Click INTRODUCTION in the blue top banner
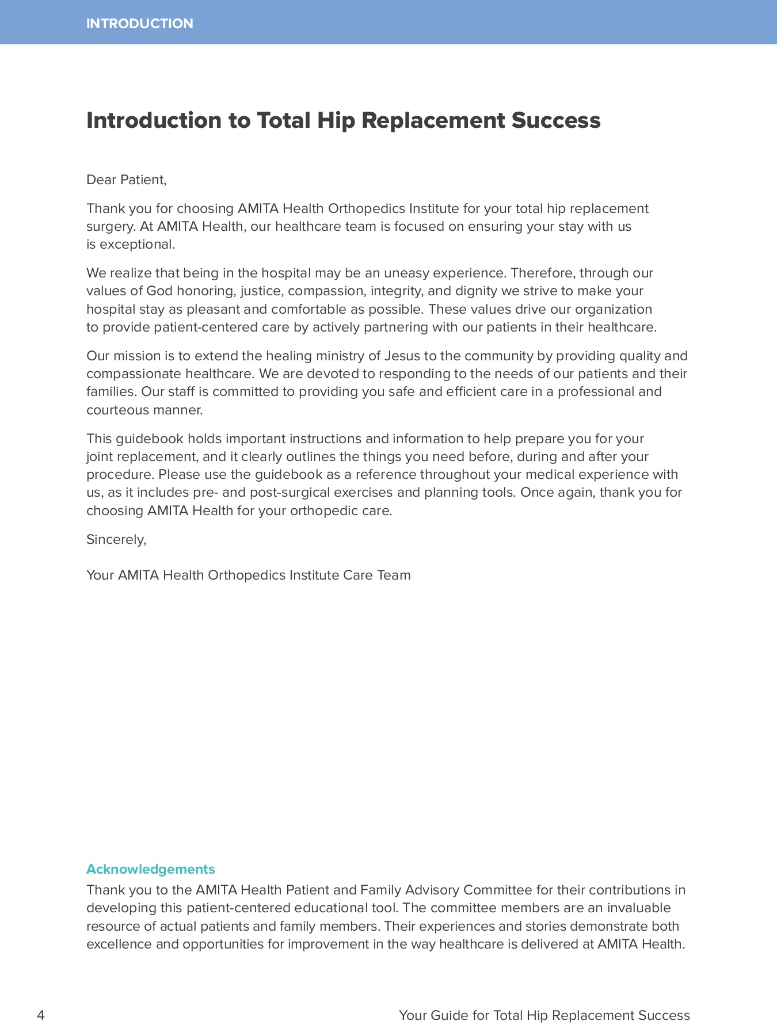click(x=140, y=24)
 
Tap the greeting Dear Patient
click(x=126, y=180)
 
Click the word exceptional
click(x=137, y=245)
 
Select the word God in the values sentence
click(x=159, y=291)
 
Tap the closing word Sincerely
click(x=116, y=540)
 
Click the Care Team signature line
click(x=248, y=576)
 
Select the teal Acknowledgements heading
click(x=150, y=869)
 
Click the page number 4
click(x=40, y=1015)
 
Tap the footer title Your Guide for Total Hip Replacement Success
click(x=544, y=1015)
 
